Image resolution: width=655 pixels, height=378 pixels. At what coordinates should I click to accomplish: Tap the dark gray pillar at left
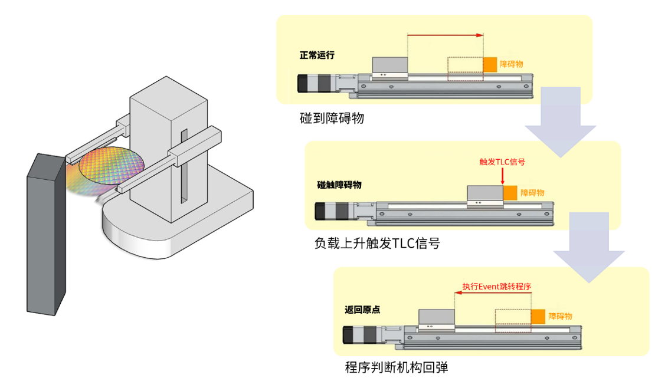[44, 236]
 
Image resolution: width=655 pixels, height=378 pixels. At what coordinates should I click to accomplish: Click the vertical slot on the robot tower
[185, 168]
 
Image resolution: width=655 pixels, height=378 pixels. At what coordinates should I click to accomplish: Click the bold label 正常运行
[317, 55]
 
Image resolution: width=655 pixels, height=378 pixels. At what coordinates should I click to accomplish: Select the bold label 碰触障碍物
[339, 185]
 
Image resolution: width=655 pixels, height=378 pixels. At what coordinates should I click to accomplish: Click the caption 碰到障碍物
[332, 118]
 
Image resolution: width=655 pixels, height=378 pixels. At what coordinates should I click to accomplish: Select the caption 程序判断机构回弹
[397, 367]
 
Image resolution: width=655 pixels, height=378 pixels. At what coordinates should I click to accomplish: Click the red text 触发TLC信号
[503, 160]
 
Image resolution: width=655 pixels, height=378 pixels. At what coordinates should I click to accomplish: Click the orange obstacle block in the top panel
[490, 65]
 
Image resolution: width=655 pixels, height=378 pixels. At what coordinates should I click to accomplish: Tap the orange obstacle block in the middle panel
[510, 193]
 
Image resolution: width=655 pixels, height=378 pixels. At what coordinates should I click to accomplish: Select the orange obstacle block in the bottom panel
[538, 317]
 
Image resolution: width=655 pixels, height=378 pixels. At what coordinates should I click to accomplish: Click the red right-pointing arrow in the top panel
[446, 35]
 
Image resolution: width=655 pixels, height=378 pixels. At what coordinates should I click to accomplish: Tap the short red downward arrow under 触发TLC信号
[502, 176]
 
